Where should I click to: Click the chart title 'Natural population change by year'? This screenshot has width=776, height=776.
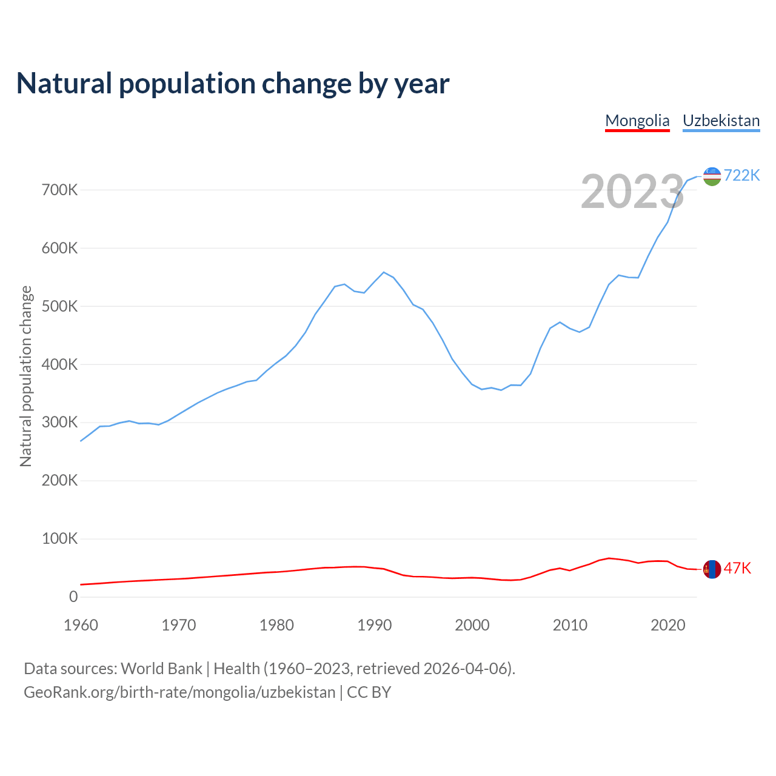[x=233, y=83]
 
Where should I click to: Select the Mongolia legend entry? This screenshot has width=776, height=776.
[x=637, y=121]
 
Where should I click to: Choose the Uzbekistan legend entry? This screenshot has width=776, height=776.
[x=721, y=121]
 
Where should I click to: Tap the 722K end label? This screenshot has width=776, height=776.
[x=741, y=175]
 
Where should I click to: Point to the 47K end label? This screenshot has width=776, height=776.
[x=737, y=568]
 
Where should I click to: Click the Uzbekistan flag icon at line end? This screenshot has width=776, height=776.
[x=712, y=176]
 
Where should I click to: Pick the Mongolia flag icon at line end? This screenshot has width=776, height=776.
[x=712, y=569]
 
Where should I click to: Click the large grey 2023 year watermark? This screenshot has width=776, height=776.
[x=632, y=192]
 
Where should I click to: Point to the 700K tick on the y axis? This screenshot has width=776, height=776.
[x=60, y=190]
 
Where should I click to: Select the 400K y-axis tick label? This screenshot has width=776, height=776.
[x=60, y=365]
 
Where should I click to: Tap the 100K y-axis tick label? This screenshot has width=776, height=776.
[x=60, y=539]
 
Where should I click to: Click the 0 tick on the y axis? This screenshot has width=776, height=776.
[x=73, y=597]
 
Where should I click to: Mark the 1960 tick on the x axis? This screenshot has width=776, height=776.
[x=81, y=625]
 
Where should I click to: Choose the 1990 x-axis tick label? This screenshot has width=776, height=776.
[x=375, y=625]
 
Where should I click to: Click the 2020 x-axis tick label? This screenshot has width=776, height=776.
[x=667, y=625]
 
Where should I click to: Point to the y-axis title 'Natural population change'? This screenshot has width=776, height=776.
[x=25, y=376]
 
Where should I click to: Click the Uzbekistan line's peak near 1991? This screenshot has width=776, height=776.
[x=384, y=272]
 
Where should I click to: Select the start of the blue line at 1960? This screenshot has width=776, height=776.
[x=81, y=441]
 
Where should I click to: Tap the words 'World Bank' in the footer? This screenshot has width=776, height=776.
[x=161, y=669]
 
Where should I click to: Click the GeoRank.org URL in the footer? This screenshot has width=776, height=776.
[x=179, y=692]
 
